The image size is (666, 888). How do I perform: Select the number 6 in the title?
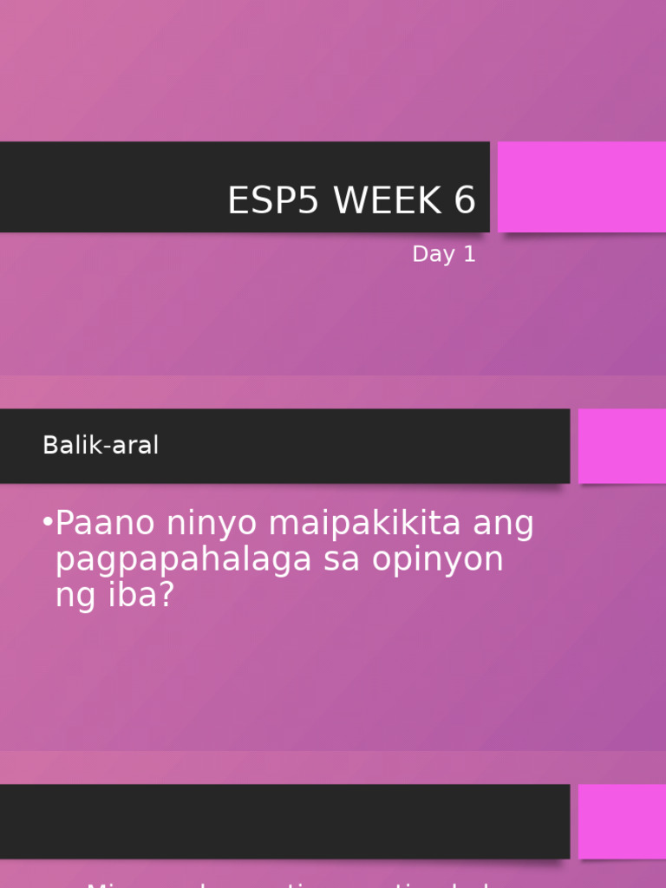pyautogui.click(x=464, y=201)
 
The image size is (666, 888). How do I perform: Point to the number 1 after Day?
pyautogui.click(x=469, y=255)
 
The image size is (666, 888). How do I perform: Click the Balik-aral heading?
pyautogui.click(x=101, y=446)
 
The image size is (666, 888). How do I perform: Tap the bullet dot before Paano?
pyautogui.click(x=47, y=523)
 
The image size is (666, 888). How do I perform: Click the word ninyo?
pyautogui.click(x=208, y=524)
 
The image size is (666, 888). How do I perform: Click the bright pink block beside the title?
pyautogui.click(x=581, y=187)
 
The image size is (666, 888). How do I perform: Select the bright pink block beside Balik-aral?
pyautogui.click(x=622, y=446)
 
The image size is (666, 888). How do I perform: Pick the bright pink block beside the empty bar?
pyautogui.click(x=622, y=821)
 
